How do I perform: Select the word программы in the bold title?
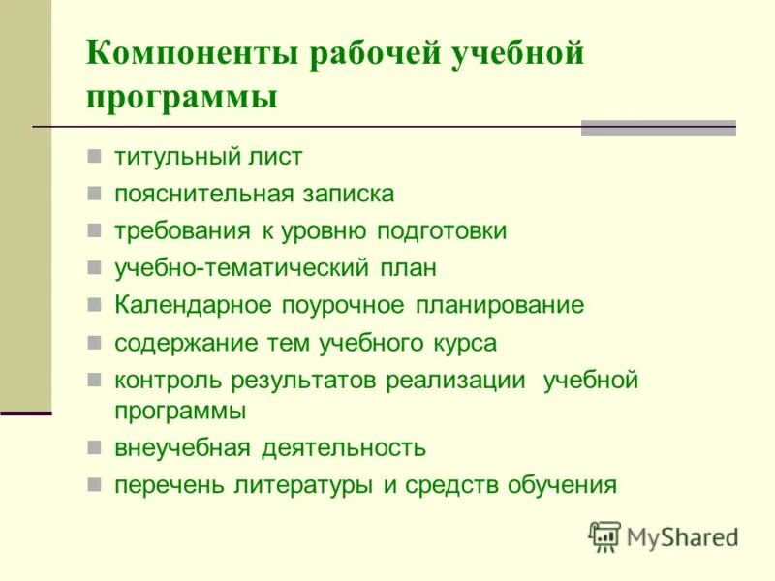pos(182,98)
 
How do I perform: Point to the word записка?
pos(346,193)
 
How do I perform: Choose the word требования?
pos(175,230)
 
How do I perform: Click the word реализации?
pos(455,380)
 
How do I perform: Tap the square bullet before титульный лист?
pos(94,155)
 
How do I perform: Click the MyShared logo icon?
pos(604,535)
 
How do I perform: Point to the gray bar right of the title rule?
pos(658,127)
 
